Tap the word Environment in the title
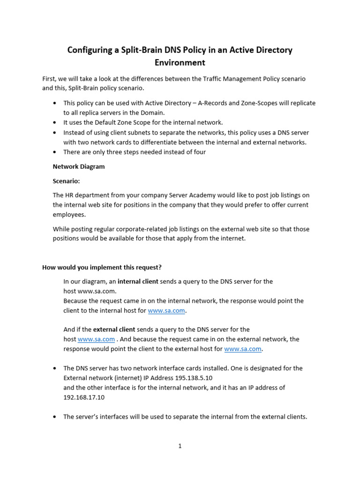coord(180,62)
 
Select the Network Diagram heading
coord(79,166)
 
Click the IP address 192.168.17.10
coord(84,397)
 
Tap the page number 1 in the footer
coord(180,446)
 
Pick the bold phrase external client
coord(114,330)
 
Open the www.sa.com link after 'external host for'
coord(243,349)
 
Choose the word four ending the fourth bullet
coord(199,152)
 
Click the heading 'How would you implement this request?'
coord(102,267)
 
